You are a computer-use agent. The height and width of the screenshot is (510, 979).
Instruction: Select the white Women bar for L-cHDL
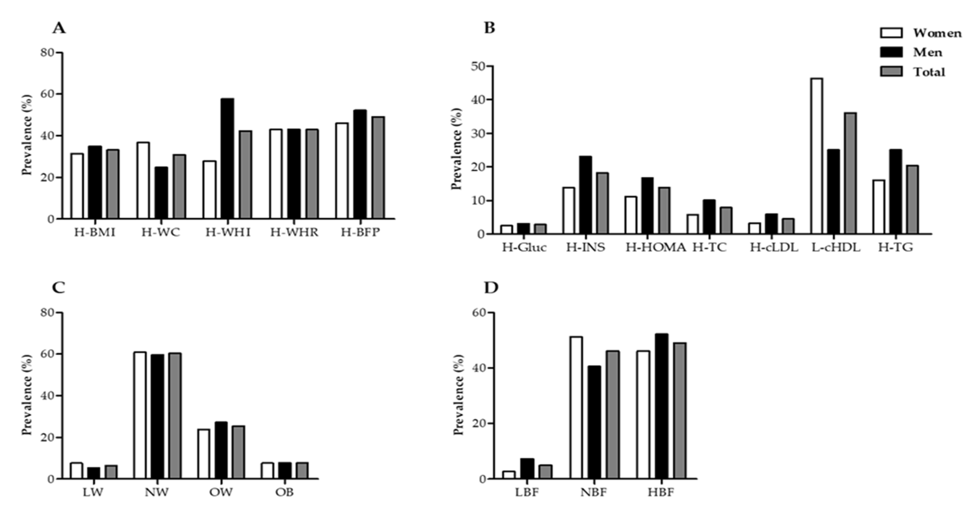pos(817,156)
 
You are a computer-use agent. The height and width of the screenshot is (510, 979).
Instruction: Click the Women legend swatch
pos(891,33)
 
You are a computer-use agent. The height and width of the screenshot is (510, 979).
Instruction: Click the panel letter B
pos(490,28)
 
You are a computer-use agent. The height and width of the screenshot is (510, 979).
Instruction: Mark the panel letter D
pos(491,288)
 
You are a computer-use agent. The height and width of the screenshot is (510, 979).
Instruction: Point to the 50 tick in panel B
pos(478,67)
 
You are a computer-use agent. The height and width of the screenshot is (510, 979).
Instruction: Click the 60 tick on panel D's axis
pos(478,313)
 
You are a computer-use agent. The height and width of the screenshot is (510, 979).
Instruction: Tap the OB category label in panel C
pos(285,492)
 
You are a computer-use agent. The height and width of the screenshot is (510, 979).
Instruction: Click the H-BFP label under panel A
pos(360,232)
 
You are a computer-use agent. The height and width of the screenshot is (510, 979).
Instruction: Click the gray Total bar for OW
pos(238,452)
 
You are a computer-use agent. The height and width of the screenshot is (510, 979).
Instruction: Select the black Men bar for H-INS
pos(585,195)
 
